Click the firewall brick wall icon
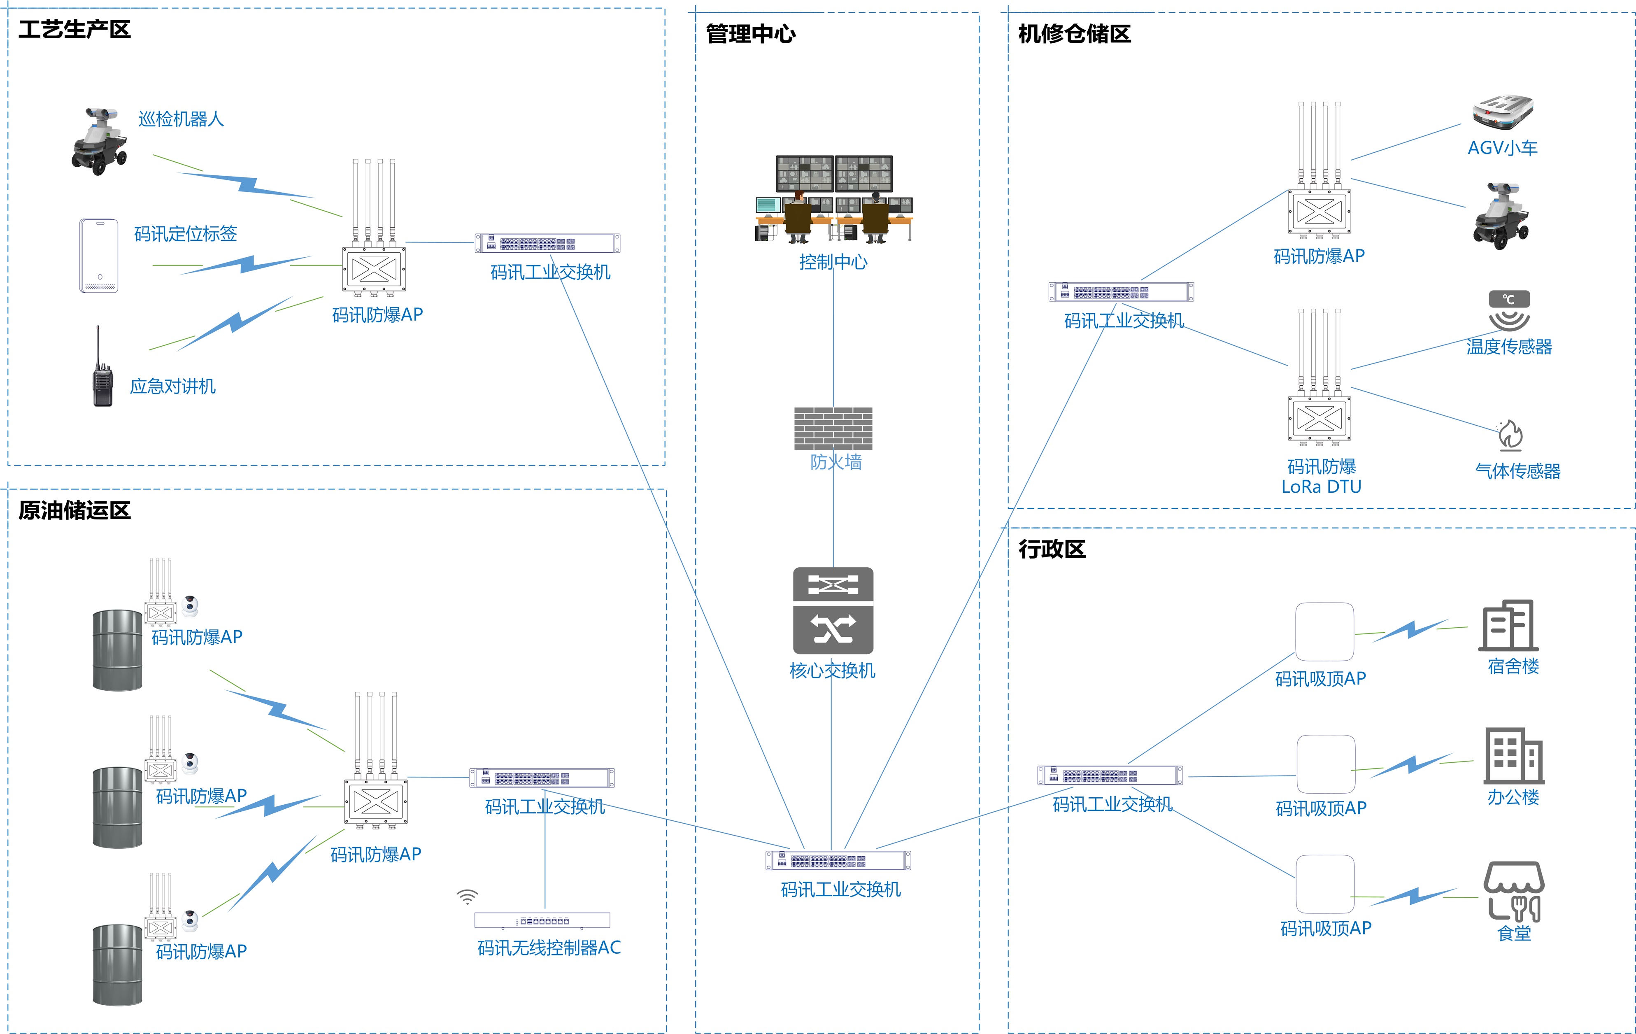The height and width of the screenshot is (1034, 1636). tap(833, 428)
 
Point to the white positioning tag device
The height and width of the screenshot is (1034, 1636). tap(99, 256)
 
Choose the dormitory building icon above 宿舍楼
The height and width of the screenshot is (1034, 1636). tap(1508, 625)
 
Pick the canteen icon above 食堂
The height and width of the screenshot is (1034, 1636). tap(1514, 891)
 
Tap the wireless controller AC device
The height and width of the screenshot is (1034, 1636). tap(542, 920)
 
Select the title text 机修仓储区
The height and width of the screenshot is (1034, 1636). tap(1074, 34)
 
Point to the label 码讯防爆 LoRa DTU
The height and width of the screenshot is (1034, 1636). tap(1321, 476)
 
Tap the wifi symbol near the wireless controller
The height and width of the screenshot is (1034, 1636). tap(468, 897)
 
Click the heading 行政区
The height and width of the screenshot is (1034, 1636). tap(1052, 549)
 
